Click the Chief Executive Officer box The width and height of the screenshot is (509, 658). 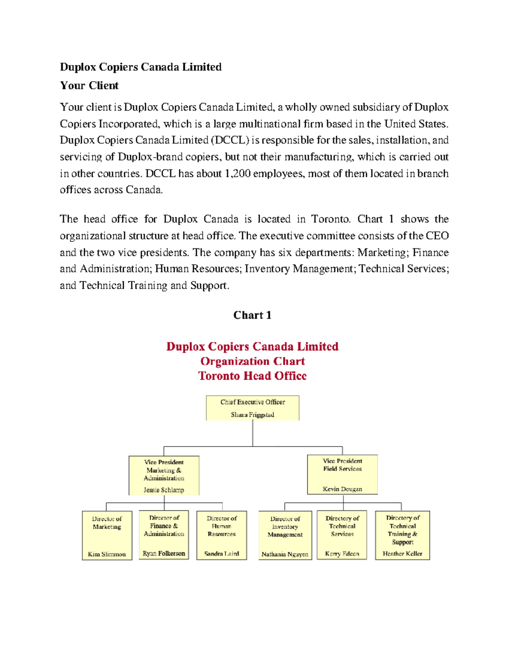pos(252,408)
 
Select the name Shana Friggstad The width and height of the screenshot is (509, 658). pos(252,415)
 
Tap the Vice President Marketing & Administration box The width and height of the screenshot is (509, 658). pos(164,475)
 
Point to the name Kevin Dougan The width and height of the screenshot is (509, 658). pos(342,489)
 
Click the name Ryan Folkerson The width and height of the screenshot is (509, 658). pos(164,553)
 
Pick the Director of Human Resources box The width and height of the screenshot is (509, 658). pos(221,535)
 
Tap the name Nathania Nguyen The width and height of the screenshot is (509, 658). pos(285,554)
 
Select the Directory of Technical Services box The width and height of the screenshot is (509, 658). pos(342,535)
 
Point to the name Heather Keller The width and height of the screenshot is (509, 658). pos(402,553)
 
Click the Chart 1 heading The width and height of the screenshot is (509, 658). pos(252,315)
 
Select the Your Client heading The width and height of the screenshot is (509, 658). pos(89,86)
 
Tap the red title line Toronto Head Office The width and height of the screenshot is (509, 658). pos(252,376)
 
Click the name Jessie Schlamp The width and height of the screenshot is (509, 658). pos(164,490)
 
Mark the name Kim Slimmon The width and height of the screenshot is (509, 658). pos(107,554)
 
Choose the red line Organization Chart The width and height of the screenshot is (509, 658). pos(252,361)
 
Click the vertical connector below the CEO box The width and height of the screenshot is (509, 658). pos(253,433)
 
